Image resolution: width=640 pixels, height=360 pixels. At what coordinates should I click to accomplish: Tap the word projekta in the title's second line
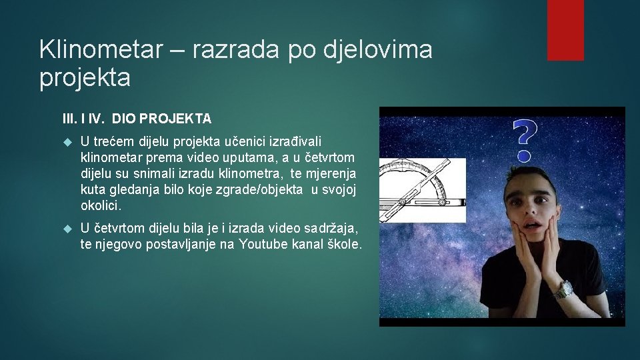pos(85,78)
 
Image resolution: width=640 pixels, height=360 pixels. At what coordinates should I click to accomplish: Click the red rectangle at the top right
pos(565,30)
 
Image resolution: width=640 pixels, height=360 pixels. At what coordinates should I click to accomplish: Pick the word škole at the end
pos(345,245)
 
